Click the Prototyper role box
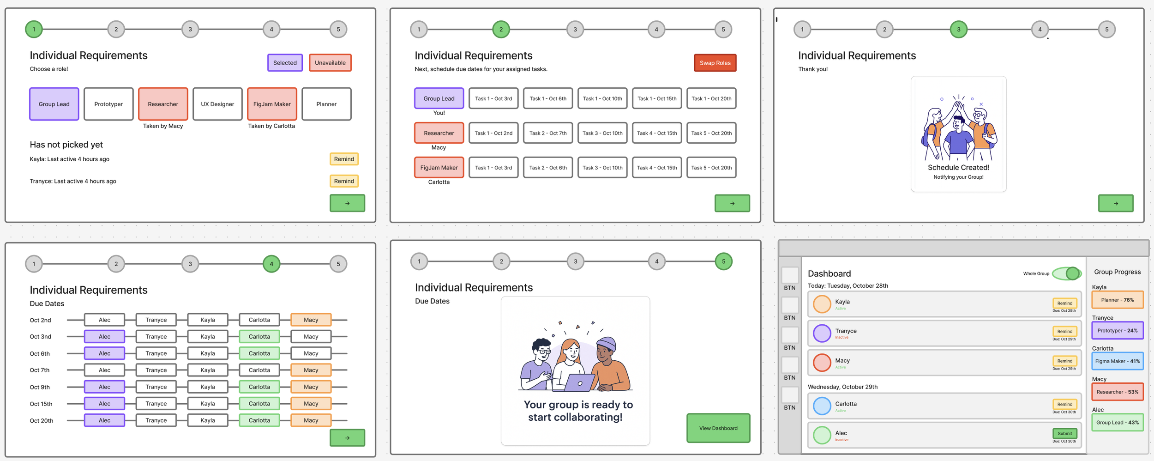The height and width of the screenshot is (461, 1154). click(108, 104)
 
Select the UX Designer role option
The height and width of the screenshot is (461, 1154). click(217, 104)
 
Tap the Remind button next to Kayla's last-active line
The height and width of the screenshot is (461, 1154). click(344, 159)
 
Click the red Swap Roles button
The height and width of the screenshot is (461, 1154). click(715, 63)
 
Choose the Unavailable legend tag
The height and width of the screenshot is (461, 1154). click(330, 63)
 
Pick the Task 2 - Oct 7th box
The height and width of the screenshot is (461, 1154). click(548, 133)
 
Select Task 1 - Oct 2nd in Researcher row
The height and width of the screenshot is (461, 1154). click(493, 133)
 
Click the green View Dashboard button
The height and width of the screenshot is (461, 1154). click(718, 428)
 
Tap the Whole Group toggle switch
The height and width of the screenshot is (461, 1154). click(1067, 273)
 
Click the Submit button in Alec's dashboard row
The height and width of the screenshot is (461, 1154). click(1065, 433)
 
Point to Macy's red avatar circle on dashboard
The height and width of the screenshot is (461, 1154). click(822, 363)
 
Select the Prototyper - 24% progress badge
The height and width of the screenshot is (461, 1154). click(1118, 330)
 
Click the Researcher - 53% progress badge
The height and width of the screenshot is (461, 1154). click(1118, 392)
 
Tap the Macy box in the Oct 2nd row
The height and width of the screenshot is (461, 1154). click(311, 320)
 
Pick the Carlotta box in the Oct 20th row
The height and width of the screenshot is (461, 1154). click(259, 420)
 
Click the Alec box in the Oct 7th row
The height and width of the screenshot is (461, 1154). click(104, 370)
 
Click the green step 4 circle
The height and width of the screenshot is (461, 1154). click(271, 264)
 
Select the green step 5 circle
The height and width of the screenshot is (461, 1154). click(723, 261)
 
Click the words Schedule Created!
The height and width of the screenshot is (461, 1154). click(958, 168)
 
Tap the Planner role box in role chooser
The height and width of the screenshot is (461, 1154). click(326, 104)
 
